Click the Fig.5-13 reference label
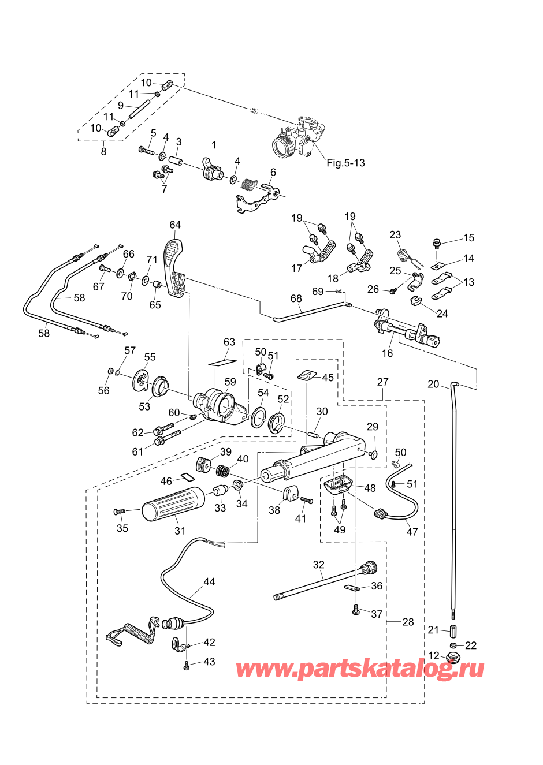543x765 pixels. point(345,163)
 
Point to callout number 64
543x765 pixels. point(175,225)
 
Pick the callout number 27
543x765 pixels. point(383,382)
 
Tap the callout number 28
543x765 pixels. point(408,622)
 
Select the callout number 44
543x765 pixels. point(209,582)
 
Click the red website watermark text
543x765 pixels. point(360,669)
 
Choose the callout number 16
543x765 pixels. point(387,353)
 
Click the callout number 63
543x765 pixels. point(229,342)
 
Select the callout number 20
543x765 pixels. point(433,385)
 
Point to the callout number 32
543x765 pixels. point(319,565)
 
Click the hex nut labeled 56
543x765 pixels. point(110,370)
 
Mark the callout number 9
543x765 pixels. point(121,106)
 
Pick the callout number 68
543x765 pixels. point(296,299)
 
